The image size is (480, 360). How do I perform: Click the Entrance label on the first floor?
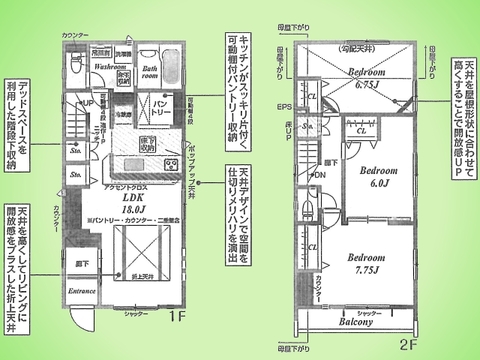[x=82, y=291]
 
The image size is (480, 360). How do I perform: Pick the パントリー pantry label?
[x=153, y=104]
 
